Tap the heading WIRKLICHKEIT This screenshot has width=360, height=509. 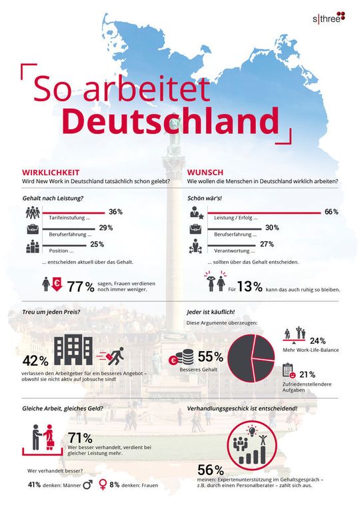pyautogui.click(x=51, y=172)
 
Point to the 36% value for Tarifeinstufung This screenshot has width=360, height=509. pyautogui.click(x=115, y=212)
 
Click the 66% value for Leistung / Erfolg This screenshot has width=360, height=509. pyautogui.click(x=331, y=212)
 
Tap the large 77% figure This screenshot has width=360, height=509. pyautogui.click(x=80, y=286)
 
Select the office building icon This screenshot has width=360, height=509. pyautogui.click(x=73, y=348)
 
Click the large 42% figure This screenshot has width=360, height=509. pyautogui.click(x=35, y=360)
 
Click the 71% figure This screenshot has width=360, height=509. pyautogui.click(x=80, y=438)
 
